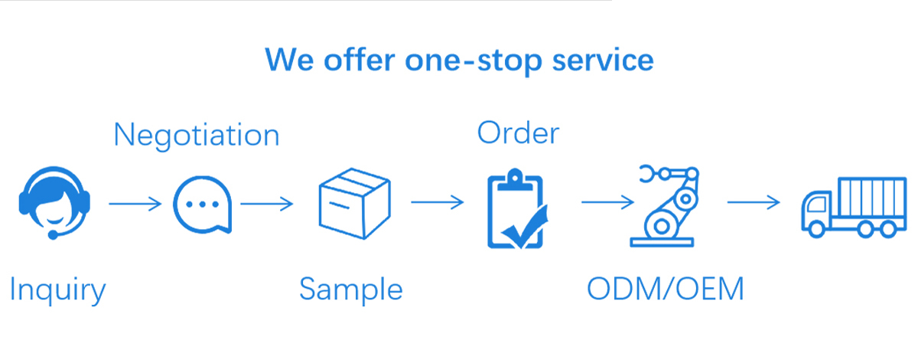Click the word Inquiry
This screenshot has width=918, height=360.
(x=57, y=291)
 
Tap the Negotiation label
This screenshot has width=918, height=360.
(x=197, y=136)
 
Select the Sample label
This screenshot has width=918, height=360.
(x=351, y=290)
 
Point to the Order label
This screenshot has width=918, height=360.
(x=518, y=133)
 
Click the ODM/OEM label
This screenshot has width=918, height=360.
(x=666, y=290)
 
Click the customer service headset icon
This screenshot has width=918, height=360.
(x=54, y=204)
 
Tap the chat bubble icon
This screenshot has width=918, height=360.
(x=202, y=205)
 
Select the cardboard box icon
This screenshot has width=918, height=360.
(x=354, y=202)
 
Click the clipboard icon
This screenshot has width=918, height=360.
(x=516, y=209)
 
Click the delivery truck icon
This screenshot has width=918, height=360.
(x=849, y=205)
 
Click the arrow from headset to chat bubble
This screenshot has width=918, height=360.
(x=135, y=204)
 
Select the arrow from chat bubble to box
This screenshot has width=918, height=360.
(x=267, y=204)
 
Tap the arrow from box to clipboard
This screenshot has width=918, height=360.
(x=437, y=203)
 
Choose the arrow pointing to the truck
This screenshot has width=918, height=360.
(x=754, y=203)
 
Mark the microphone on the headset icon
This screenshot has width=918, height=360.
(x=53, y=234)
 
